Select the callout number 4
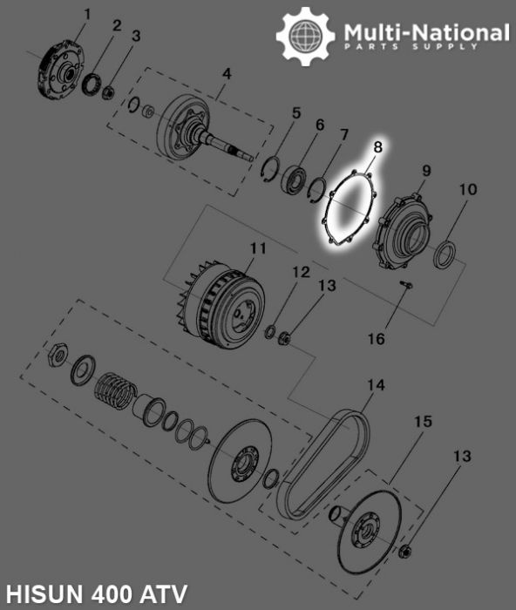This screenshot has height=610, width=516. click(226, 74)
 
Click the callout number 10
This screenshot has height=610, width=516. click(468, 189)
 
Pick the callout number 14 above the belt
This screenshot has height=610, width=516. click(375, 384)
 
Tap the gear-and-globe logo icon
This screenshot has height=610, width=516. click(305, 37)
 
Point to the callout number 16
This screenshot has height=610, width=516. click(374, 339)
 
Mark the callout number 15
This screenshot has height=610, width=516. click(422, 422)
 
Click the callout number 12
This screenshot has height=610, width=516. click(300, 272)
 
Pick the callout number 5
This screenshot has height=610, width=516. click(296, 113)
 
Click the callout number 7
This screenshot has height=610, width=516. click(343, 135)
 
